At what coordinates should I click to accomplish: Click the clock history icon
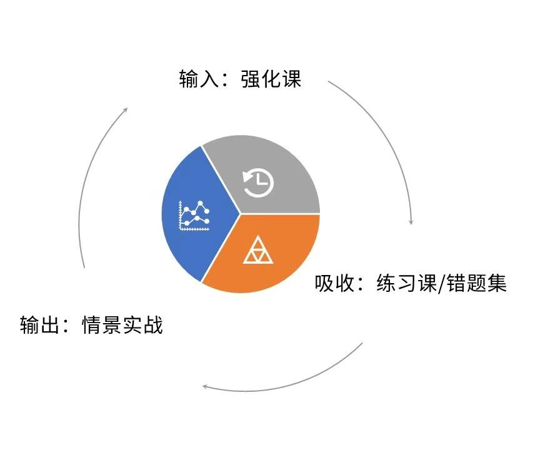258,184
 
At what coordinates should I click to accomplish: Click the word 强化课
271,79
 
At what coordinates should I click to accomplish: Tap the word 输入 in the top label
199,79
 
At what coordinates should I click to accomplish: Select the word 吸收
334,282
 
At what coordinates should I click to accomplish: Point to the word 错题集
477,282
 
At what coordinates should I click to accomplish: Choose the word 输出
40,324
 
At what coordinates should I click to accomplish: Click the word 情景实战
122,324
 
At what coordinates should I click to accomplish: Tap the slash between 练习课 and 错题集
442,284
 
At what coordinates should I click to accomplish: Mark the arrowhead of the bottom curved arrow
205,386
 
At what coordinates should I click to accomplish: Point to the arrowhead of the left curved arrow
125,110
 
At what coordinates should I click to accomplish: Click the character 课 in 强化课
292,79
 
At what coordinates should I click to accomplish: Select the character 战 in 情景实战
153,324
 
